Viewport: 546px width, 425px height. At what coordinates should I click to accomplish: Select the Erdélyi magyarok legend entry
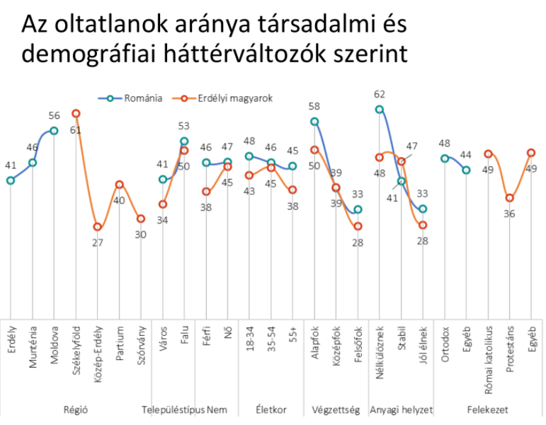tap(235, 98)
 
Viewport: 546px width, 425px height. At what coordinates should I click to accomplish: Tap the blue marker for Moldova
tap(54, 130)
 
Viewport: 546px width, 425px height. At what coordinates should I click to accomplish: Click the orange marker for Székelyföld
tap(76, 113)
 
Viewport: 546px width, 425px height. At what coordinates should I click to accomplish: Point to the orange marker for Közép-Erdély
tap(98, 228)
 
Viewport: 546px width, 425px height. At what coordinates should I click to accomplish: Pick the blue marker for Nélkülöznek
tap(380, 110)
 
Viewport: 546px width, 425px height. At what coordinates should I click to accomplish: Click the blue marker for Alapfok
tap(314, 122)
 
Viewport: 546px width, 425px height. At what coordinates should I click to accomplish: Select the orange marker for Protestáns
tap(509, 198)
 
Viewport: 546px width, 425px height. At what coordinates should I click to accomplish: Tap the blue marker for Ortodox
tap(444, 158)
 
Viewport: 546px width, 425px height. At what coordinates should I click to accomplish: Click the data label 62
tap(380, 94)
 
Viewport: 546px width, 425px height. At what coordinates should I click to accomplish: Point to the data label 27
tap(98, 243)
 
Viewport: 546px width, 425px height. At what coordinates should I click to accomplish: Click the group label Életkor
tap(271, 409)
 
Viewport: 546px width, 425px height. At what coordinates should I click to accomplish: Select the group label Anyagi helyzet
tap(401, 409)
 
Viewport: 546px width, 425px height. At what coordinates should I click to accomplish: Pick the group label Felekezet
tap(487, 409)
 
